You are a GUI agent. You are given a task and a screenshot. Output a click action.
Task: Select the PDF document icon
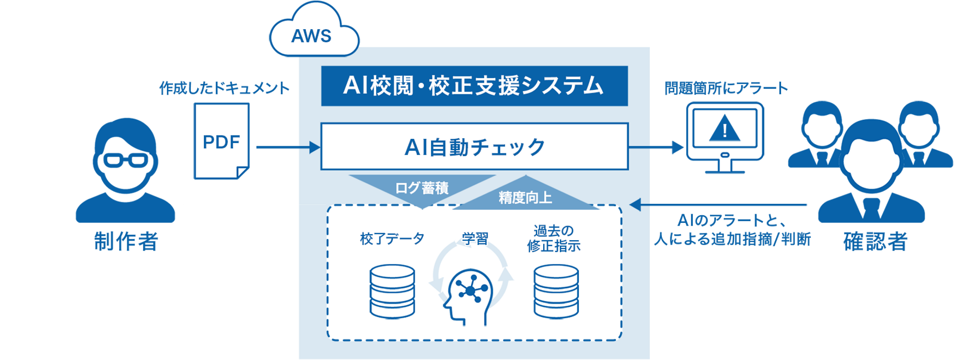point(221,140)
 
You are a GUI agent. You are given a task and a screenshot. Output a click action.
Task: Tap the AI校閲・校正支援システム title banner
point(474,86)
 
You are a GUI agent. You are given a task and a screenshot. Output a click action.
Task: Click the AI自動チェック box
point(474,147)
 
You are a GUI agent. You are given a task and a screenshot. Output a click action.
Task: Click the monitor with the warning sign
point(725,136)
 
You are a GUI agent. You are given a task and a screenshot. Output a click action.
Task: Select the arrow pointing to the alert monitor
point(656,147)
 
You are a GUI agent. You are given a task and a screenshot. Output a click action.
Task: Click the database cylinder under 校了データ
point(392,292)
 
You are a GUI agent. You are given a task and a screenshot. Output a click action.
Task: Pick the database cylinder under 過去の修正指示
point(556,292)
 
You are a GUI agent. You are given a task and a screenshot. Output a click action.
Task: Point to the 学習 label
point(475,239)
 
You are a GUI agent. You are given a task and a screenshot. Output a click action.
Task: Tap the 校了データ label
point(392,239)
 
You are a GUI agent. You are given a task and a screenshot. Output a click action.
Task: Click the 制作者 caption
point(126,241)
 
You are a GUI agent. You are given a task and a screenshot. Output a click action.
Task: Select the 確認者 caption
point(875,241)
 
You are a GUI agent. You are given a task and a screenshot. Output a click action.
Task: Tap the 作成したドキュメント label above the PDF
point(224,89)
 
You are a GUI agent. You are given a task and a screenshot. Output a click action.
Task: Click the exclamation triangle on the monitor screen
point(725,128)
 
